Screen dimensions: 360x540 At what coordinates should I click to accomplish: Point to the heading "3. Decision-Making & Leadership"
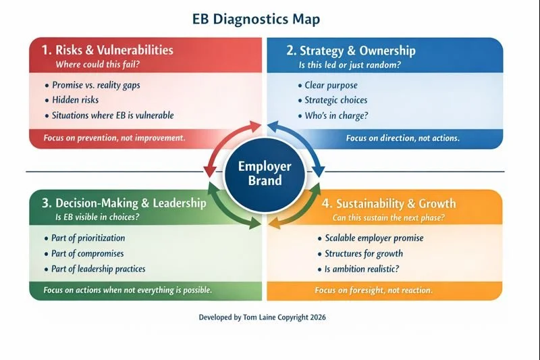[x=118, y=203]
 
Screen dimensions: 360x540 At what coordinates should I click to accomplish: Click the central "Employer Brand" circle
[x=265, y=173]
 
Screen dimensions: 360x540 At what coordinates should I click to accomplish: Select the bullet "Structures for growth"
[x=363, y=253]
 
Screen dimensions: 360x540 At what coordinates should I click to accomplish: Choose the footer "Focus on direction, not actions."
[x=402, y=138]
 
